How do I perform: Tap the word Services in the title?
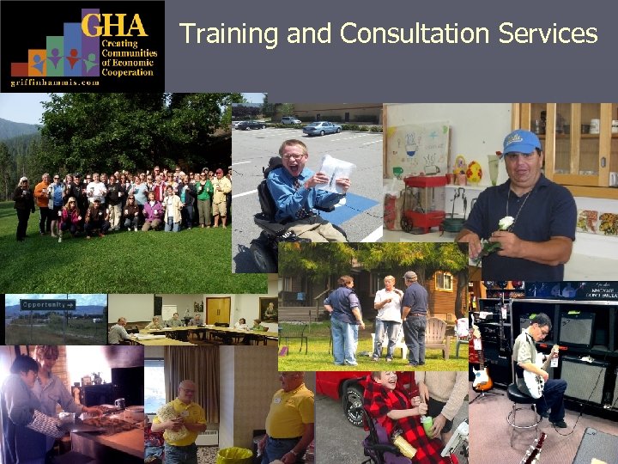549,34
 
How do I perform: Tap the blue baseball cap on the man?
521,142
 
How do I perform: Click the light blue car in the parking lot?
322,128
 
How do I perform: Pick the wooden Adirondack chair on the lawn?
439,336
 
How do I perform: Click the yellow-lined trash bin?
233,455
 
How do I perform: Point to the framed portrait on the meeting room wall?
269,308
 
